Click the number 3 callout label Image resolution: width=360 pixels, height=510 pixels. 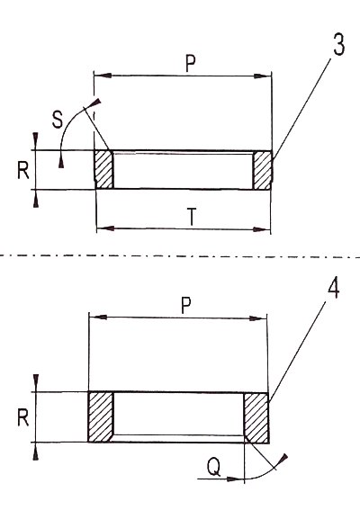click(338, 43)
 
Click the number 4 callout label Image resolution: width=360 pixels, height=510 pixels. click(333, 287)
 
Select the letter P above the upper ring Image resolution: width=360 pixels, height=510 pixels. click(191, 63)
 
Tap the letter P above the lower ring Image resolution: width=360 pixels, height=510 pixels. click(186, 305)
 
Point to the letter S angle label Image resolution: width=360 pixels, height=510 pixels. click(58, 120)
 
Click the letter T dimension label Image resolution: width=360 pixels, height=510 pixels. click(192, 217)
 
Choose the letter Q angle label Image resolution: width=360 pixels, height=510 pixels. click(214, 467)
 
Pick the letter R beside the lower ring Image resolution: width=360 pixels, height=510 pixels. click(23, 417)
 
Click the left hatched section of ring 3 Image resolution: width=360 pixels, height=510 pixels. click(103, 169)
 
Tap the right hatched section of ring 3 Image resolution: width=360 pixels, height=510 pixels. click(263, 170)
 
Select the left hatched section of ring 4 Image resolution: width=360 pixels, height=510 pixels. click(101, 416)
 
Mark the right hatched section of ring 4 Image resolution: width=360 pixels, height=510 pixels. click(256, 417)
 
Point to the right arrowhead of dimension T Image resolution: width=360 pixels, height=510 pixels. click(263, 229)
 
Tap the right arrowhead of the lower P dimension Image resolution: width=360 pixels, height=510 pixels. click(258, 318)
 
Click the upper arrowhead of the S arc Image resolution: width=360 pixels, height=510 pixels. click(94, 103)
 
